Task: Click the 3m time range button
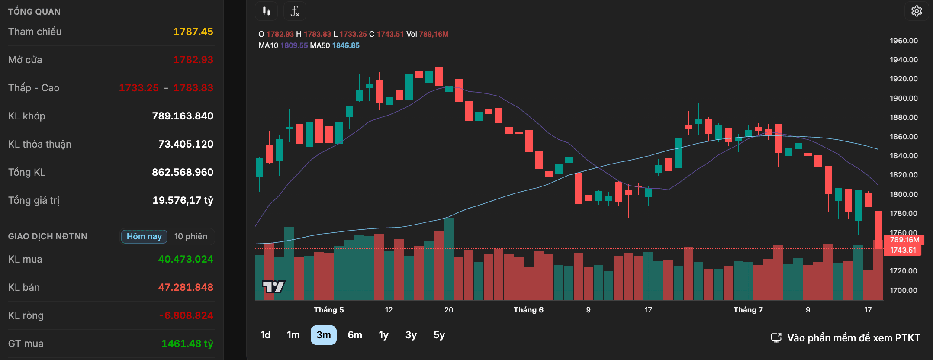point(323,335)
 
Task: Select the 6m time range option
point(355,335)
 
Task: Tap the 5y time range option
point(439,335)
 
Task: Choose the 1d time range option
point(265,335)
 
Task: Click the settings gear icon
point(916,11)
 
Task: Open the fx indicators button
point(295,11)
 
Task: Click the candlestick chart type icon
point(266,11)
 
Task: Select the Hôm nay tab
point(144,236)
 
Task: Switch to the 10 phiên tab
point(191,236)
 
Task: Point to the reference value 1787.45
point(193,32)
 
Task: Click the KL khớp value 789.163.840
point(183,116)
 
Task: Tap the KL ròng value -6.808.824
point(186,315)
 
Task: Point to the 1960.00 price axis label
point(904,41)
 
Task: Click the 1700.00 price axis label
point(904,290)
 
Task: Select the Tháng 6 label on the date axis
point(528,310)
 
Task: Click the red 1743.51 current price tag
point(903,250)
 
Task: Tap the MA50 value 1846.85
point(346,45)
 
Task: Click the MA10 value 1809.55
point(294,45)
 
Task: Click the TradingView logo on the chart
point(273,286)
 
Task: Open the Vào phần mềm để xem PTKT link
point(846,338)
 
